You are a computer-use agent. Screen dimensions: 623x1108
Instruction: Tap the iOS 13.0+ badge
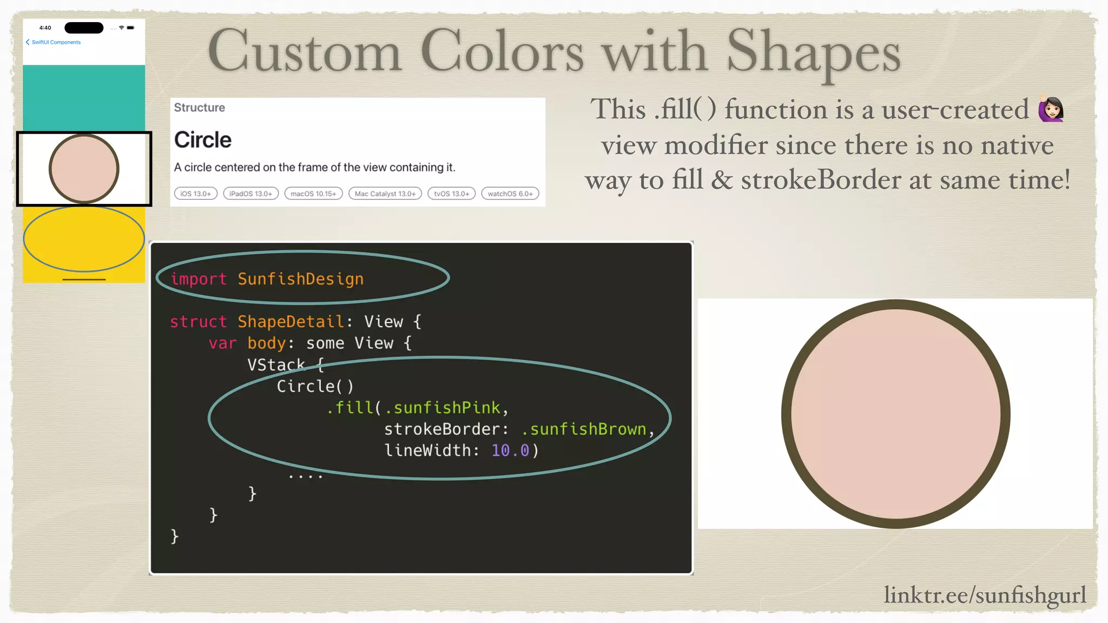click(196, 194)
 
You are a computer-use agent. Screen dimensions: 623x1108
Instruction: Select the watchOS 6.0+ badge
click(510, 194)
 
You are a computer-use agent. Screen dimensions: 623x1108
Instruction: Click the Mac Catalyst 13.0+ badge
click(385, 194)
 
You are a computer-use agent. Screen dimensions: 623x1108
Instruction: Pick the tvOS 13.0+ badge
click(451, 194)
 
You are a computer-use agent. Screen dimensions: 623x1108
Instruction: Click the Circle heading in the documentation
click(203, 140)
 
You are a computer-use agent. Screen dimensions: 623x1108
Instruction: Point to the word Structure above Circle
click(199, 108)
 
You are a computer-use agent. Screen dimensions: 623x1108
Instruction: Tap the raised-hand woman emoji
click(1051, 109)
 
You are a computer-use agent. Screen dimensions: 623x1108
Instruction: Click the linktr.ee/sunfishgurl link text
click(984, 594)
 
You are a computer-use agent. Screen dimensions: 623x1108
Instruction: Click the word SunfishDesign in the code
click(300, 279)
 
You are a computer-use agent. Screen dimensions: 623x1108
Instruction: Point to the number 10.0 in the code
click(510, 450)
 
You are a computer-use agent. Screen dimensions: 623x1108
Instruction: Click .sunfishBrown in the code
click(584, 429)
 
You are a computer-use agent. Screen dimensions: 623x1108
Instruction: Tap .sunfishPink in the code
click(442, 408)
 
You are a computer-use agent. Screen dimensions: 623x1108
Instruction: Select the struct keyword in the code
click(198, 322)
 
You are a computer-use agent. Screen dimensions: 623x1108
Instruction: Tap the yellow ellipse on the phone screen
click(84, 238)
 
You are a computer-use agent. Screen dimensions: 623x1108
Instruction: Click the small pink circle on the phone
click(84, 169)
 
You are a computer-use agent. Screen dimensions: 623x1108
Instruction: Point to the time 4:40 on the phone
click(45, 28)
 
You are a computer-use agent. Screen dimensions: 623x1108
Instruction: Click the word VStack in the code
click(276, 364)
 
